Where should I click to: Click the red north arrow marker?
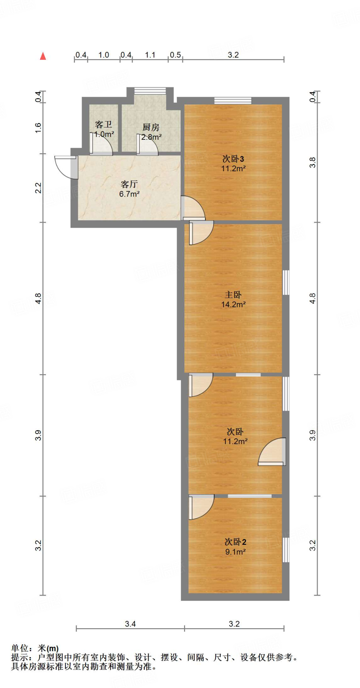tap(43, 56)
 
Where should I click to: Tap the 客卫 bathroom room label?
tap(103, 125)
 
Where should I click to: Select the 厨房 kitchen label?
tap(151, 127)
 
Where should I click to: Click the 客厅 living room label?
tap(129, 184)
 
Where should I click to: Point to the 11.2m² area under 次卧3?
tap(233, 169)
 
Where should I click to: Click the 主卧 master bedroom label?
tap(233, 295)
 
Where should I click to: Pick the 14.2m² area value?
tap(233, 305)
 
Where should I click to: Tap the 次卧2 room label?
tap(235, 542)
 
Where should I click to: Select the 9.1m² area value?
tap(235, 552)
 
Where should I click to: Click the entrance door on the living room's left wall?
tap(66, 167)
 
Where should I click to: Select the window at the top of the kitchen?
tap(150, 91)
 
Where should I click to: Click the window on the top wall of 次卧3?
tap(233, 100)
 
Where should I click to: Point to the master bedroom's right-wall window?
tap(286, 283)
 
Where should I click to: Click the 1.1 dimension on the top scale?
tap(150, 55)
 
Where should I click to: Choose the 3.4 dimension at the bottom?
tap(130, 624)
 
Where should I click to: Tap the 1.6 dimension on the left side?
tap(38, 128)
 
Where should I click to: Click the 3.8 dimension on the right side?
tap(313, 163)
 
